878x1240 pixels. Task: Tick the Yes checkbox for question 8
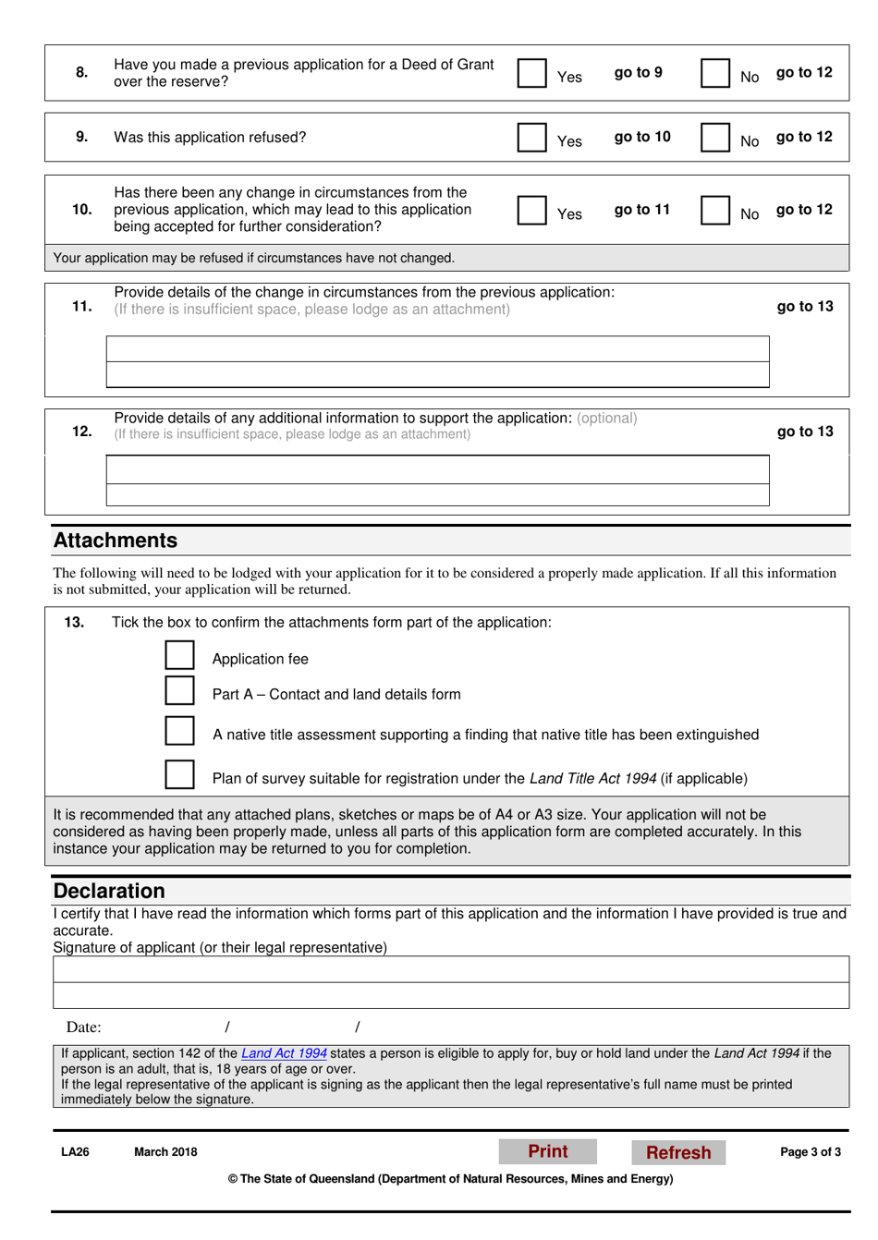pyautogui.click(x=532, y=73)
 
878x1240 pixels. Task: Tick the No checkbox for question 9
pyautogui.click(x=715, y=137)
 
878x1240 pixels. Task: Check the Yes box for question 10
pyautogui.click(x=532, y=210)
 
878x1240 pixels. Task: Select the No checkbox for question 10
pyautogui.click(x=715, y=210)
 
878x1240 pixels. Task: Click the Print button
pyautogui.click(x=548, y=1151)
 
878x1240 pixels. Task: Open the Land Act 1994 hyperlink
pyautogui.click(x=284, y=1053)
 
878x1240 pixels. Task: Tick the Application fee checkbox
pyautogui.click(x=180, y=655)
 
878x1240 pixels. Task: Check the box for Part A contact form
pyautogui.click(x=180, y=691)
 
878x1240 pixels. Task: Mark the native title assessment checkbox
pyautogui.click(x=180, y=730)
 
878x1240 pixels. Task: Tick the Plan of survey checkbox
pyautogui.click(x=180, y=774)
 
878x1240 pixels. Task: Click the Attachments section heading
pyautogui.click(x=116, y=541)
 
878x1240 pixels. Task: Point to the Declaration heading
pyautogui.click(x=109, y=891)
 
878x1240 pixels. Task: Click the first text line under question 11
pyautogui.click(x=437, y=349)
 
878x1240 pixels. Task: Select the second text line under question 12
pyautogui.click(x=437, y=494)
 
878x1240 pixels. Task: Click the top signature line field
pyautogui.click(x=451, y=969)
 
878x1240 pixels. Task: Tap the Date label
pyautogui.click(x=83, y=1027)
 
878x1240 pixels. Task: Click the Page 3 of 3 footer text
pyautogui.click(x=811, y=1152)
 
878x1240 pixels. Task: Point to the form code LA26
pyautogui.click(x=75, y=1152)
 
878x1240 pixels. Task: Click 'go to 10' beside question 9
pyautogui.click(x=642, y=137)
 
